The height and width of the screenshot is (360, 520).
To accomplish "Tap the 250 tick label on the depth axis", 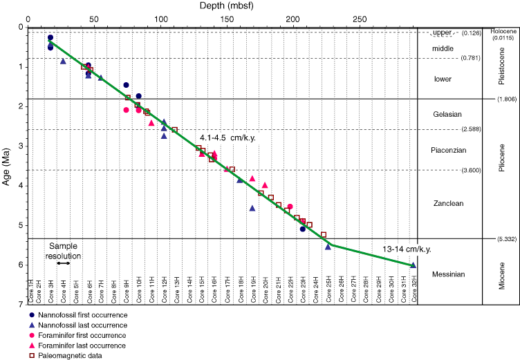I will [x=360, y=19].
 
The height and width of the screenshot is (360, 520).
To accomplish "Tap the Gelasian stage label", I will [x=450, y=114].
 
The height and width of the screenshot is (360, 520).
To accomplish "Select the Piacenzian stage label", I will [x=450, y=150].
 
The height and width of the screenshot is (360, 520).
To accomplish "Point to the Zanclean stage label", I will [x=450, y=203].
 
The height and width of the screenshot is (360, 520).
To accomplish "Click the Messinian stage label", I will [x=450, y=274].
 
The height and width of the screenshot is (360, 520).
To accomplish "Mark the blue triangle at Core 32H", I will [x=413, y=265].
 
